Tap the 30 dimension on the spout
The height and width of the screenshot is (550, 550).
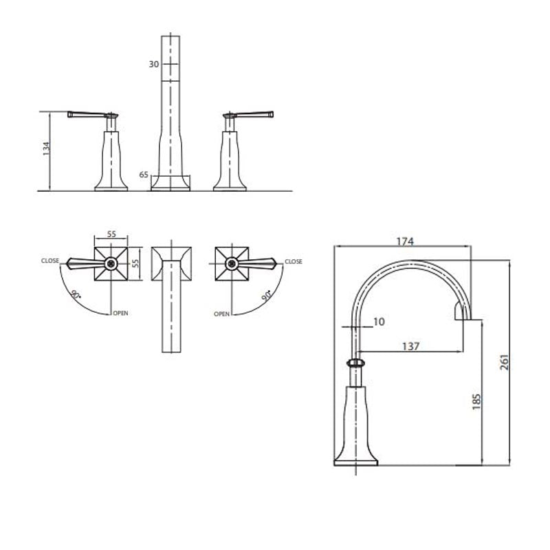click(155, 65)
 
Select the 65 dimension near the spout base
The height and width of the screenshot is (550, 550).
click(144, 175)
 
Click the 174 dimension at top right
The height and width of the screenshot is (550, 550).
click(404, 241)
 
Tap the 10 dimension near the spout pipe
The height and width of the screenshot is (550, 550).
click(379, 321)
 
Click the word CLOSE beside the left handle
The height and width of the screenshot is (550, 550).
click(49, 261)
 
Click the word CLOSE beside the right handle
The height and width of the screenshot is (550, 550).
click(294, 261)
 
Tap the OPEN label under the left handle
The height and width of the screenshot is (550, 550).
click(120, 313)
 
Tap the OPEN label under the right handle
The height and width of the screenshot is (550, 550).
click(221, 313)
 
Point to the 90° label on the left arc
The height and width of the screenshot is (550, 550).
click(74, 297)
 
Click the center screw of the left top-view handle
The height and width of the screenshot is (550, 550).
click(111, 263)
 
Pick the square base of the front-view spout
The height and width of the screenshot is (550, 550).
click(171, 183)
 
